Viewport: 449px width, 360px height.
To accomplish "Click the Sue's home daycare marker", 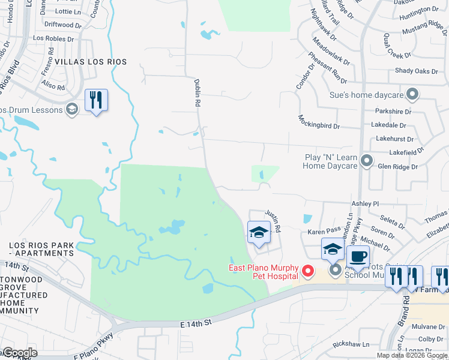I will (x=412, y=95).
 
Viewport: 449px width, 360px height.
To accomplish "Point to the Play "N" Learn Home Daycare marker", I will (x=367, y=161).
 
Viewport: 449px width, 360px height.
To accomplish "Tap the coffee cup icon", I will (x=358, y=256).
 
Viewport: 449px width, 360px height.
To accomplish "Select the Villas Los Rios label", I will (x=91, y=62).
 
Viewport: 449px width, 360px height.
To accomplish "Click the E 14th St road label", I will (x=197, y=323).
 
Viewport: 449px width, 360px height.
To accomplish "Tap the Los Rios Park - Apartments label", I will (x=41, y=250).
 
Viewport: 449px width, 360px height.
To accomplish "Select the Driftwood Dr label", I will (x=62, y=25).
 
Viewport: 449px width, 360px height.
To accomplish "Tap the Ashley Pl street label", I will (x=365, y=204).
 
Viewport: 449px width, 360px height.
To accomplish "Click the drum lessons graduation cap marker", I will (x=72, y=109).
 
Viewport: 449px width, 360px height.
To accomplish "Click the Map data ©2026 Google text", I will (x=411, y=355).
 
